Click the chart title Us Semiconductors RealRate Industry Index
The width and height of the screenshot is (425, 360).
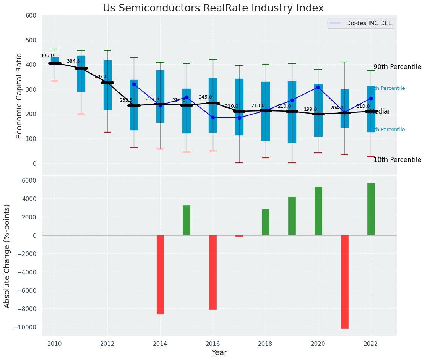[x=213, y=8]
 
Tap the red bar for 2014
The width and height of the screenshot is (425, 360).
[x=160, y=274]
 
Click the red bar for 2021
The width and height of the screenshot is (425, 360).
[x=344, y=282]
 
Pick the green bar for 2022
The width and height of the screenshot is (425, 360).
[x=371, y=209]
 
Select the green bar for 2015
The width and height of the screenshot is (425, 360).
[x=187, y=220]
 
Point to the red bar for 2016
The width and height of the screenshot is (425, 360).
[x=213, y=272]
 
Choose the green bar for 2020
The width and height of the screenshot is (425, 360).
[x=318, y=211]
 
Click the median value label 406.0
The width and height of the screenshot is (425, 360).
[x=47, y=55]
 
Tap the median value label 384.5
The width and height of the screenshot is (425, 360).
[x=73, y=61]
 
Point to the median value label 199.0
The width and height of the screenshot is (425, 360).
[x=310, y=109]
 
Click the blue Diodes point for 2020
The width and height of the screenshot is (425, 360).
[x=318, y=88]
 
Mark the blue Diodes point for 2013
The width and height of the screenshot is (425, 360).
[x=134, y=84]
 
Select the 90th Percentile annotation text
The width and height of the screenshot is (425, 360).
[x=397, y=67]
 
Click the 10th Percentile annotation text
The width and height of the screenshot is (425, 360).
[x=397, y=160]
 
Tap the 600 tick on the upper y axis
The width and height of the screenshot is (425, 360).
[x=31, y=16]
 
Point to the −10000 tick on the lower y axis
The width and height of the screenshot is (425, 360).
[x=25, y=327]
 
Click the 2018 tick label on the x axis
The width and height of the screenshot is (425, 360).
[x=265, y=344]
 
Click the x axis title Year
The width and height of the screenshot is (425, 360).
[x=219, y=353]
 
